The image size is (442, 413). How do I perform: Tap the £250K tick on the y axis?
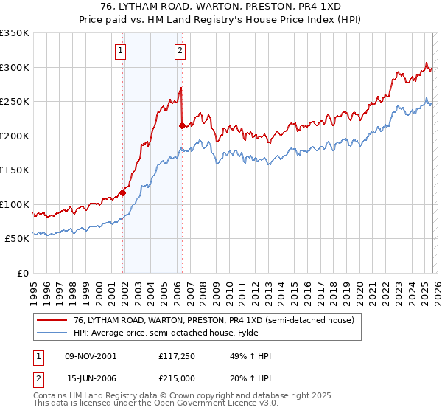pyautogui.click(x=15, y=102)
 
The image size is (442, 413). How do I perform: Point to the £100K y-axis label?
pyautogui.click(x=15, y=204)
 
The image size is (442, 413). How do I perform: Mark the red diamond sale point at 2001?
pyautogui.click(x=122, y=193)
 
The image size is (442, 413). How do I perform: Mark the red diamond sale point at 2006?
pyautogui.click(x=182, y=126)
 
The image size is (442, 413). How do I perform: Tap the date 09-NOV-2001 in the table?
pyautogui.click(x=91, y=356)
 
